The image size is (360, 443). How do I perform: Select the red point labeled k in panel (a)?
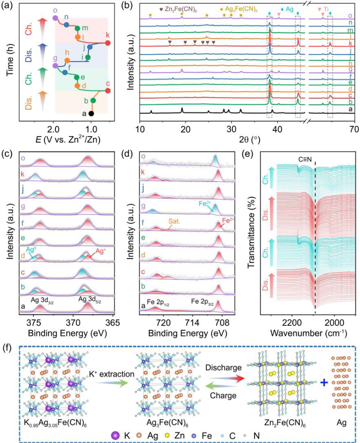point(107,43)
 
